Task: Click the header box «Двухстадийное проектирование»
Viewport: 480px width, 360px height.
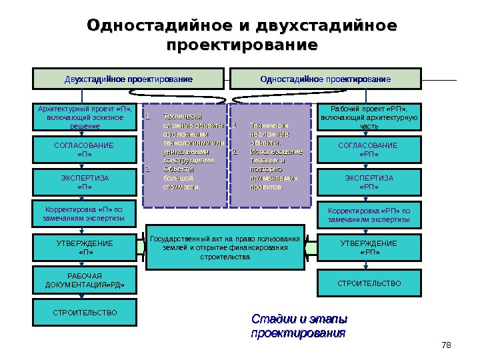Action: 129,79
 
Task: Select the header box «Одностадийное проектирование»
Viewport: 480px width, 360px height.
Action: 325,79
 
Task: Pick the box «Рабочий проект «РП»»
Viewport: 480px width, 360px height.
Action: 369,117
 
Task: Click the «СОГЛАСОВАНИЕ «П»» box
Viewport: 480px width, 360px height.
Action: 85,149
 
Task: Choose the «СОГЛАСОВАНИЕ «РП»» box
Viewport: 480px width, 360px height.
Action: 369,149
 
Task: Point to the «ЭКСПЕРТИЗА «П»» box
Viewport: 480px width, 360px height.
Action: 85,182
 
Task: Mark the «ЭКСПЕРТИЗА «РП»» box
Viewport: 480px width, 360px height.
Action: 369,182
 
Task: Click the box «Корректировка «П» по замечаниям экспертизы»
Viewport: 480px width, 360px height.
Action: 85,214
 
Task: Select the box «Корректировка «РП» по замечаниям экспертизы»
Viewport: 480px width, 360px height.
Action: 369,215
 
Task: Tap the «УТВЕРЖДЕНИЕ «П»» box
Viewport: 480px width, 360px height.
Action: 85,247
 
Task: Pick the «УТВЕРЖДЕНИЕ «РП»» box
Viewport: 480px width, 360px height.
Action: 369,247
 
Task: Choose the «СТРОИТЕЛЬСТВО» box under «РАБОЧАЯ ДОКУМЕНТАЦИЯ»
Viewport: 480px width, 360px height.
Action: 85,312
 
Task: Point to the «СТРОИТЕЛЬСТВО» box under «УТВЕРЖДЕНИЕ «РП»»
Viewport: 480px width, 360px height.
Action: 369,283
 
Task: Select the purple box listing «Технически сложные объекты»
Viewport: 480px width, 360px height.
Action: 183,155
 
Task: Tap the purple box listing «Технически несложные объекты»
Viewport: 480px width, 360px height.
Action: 271,155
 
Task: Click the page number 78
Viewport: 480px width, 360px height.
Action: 446,344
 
